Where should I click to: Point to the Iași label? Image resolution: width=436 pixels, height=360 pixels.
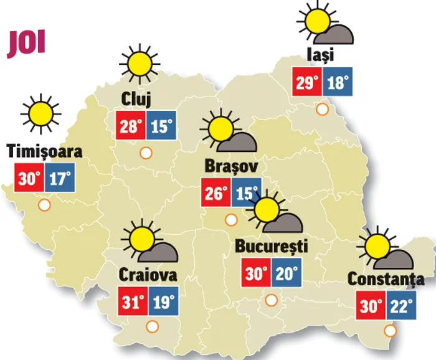point(321,55)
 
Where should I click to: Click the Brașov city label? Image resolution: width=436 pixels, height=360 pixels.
point(230,166)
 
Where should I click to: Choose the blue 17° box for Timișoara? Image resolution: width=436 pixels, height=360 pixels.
point(59,178)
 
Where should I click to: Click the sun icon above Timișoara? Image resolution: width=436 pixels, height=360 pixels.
point(42,113)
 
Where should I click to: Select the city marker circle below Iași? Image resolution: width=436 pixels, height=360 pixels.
point(322,110)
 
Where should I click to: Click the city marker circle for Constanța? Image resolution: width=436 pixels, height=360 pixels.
point(391,331)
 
